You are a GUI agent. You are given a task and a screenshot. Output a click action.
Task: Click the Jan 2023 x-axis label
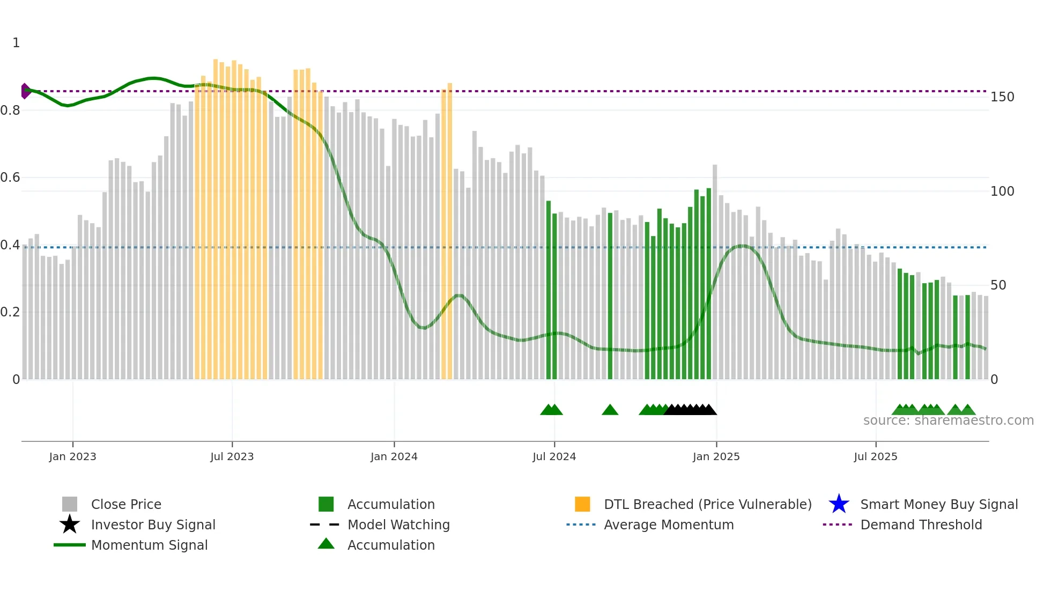point(72,456)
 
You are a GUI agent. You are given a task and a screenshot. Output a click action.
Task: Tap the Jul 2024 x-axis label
point(554,456)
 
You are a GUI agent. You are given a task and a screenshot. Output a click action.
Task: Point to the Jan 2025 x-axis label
point(716,456)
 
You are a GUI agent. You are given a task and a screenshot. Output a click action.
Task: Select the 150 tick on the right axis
point(1002,97)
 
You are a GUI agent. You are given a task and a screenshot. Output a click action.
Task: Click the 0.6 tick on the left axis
point(10,178)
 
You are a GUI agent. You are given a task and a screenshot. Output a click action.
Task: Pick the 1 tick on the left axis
point(16,43)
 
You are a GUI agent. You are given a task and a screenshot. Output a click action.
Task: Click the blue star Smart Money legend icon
point(839,504)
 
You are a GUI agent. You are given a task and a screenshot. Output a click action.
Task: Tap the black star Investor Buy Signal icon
point(70,524)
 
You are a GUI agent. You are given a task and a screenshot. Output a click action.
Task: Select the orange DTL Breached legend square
point(582,504)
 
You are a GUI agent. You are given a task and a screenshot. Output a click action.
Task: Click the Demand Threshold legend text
point(921,524)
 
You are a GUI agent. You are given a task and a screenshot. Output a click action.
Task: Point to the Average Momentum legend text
point(669,524)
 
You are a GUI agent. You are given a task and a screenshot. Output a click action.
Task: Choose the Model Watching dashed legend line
point(325,524)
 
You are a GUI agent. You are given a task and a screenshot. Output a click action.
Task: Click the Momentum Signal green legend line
point(70,545)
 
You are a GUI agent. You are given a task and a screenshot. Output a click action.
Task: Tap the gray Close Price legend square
point(70,504)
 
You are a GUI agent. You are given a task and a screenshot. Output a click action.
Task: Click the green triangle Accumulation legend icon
point(326,544)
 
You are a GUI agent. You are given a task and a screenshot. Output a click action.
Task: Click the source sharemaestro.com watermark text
point(948,420)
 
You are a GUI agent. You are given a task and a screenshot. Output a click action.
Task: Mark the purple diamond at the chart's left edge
point(25,91)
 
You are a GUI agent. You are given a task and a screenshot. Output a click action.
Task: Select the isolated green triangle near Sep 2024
point(610,410)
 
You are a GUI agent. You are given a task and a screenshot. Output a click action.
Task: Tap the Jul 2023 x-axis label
point(232,456)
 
